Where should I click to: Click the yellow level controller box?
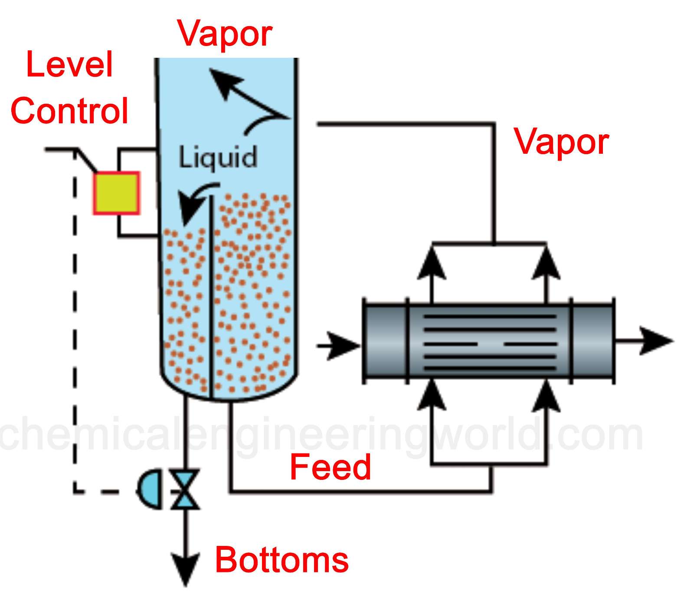point(116,193)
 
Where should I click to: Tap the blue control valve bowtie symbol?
point(185,489)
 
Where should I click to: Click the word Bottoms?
point(282,560)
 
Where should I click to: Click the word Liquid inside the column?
point(218,157)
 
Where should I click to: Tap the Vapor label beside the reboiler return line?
point(561,142)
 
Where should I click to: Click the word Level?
point(69,64)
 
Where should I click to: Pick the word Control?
point(69,110)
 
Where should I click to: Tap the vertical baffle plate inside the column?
point(211,295)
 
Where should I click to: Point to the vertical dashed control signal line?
point(75,326)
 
